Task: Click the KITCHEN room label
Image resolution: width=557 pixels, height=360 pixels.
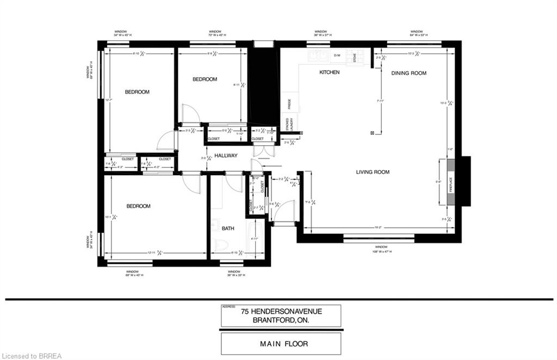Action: click(329, 72)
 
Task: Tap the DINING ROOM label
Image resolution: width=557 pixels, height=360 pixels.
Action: click(409, 73)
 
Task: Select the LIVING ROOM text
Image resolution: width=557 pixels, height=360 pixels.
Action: click(373, 172)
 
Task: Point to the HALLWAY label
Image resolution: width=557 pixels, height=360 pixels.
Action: click(225, 156)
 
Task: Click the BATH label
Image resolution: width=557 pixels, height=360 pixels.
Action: click(228, 228)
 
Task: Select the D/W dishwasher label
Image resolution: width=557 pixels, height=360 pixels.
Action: click(337, 55)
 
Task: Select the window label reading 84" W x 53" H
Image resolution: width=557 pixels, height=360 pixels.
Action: click(416, 34)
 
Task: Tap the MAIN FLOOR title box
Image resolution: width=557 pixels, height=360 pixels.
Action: click(281, 343)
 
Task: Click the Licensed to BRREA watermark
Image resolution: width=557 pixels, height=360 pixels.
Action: click(32, 356)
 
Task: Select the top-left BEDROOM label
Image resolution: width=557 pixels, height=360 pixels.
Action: click(137, 92)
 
